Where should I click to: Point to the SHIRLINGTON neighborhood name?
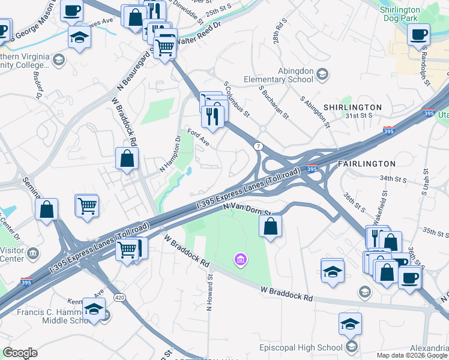point(352,107)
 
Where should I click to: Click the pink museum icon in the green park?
point(240,259)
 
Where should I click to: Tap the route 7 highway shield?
point(259,146)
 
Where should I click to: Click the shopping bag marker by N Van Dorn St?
point(271,227)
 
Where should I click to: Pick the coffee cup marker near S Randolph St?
point(418,34)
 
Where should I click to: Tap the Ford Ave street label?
point(197,137)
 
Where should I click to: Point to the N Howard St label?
point(210,292)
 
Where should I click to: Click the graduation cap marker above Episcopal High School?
point(350,325)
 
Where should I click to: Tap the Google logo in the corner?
point(20,353)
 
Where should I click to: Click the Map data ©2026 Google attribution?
point(412,355)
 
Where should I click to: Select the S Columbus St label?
point(236,99)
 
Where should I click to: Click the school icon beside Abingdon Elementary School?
point(322,75)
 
